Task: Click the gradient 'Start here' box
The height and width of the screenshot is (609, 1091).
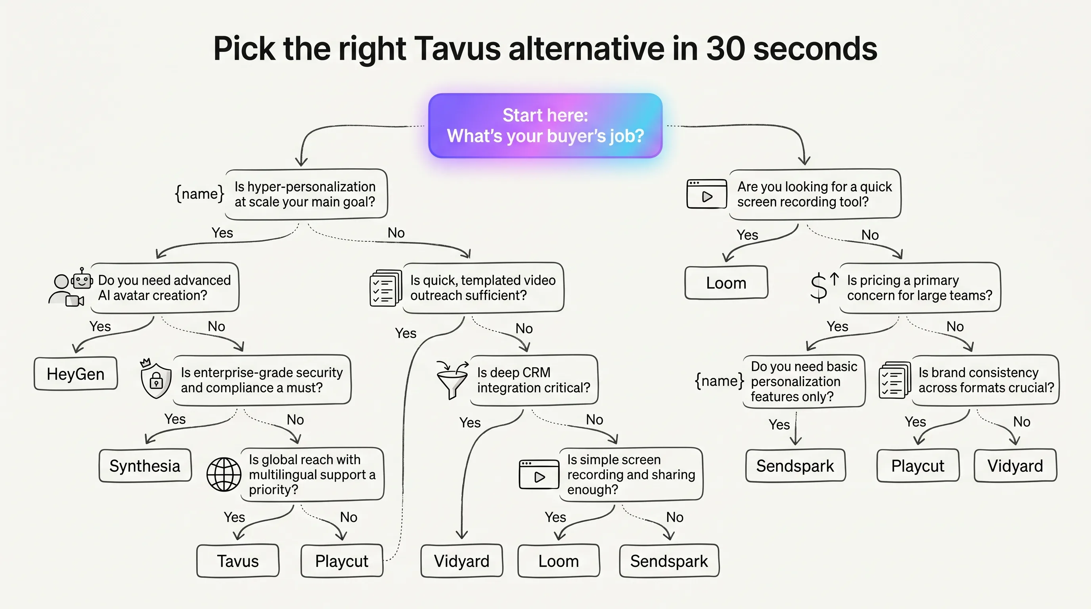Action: [x=545, y=126]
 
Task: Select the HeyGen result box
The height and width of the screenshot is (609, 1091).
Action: [x=76, y=373]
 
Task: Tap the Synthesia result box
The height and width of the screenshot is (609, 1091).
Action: [x=145, y=465]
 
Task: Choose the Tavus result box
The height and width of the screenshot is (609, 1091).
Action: [x=237, y=561]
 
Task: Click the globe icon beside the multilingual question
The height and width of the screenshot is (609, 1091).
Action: [x=224, y=474]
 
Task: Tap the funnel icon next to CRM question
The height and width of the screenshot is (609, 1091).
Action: [x=452, y=379]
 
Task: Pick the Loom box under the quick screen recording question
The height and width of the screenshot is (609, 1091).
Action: [x=726, y=282]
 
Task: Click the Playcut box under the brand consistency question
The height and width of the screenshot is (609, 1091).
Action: [x=918, y=465]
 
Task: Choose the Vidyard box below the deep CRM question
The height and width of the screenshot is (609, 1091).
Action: [x=461, y=561]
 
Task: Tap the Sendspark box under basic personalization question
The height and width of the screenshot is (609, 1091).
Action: [x=795, y=465]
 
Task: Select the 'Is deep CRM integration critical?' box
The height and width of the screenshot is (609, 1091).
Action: [x=534, y=380]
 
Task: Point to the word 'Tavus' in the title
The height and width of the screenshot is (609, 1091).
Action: [x=457, y=49]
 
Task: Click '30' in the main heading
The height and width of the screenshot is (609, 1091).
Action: [x=725, y=49]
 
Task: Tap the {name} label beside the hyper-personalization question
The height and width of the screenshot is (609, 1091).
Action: [x=199, y=194]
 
